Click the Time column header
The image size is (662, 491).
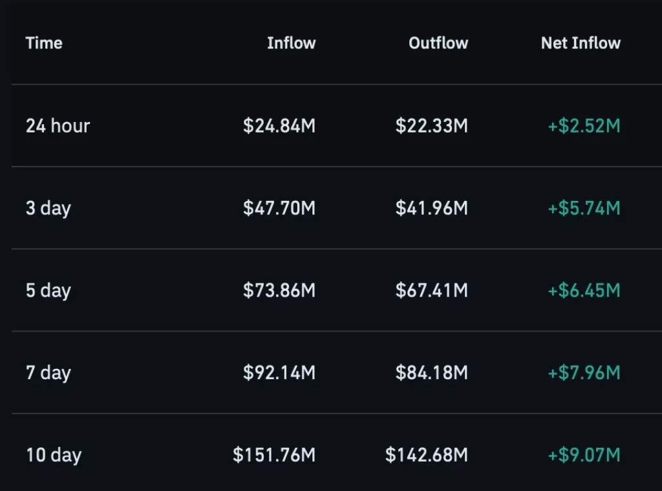click(x=44, y=43)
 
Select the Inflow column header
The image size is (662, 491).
click(x=292, y=43)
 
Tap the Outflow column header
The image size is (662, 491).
click(x=438, y=43)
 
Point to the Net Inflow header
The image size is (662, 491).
click(x=581, y=43)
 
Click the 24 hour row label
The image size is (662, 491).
click(x=58, y=126)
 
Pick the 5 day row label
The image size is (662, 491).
click(x=48, y=291)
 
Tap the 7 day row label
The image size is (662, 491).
click(x=48, y=373)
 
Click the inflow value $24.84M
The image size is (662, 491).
click(x=279, y=126)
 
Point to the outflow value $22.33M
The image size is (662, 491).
click(x=431, y=126)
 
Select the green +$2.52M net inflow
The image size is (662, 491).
click(x=584, y=126)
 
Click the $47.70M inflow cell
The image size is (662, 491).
click(x=279, y=208)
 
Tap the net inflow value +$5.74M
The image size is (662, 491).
click(x=584, y=208)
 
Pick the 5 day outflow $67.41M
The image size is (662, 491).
click(x=431, y=290)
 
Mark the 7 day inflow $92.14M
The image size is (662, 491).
click(x=279, y=373)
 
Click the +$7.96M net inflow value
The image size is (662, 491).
click(x=584, y=373)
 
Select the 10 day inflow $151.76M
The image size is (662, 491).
click(x=274, y=455)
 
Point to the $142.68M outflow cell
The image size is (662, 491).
click(x=427, y=455)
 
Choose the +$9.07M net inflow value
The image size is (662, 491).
click(x=584, y=455)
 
